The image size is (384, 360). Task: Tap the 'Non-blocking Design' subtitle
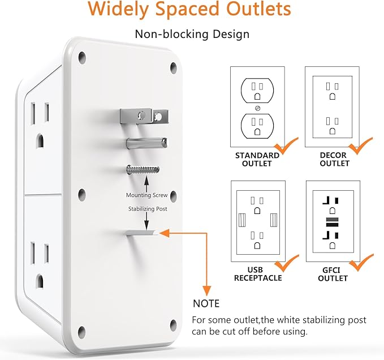click(x=192, y=34)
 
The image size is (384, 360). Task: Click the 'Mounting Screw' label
click(x=147, y=195)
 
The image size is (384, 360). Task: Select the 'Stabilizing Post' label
click(x=147, y=209)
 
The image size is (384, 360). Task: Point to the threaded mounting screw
click(x=146, y=169)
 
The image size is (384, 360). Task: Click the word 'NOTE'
click(x=206, y=304)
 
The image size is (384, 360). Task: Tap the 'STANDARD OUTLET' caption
click(x=257, y=160)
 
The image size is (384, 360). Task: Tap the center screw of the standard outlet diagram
click(x=257, y=108)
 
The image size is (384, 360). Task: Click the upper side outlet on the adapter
click(x=40, y=125)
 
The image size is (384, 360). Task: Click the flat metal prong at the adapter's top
click(x=145, y=116)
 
